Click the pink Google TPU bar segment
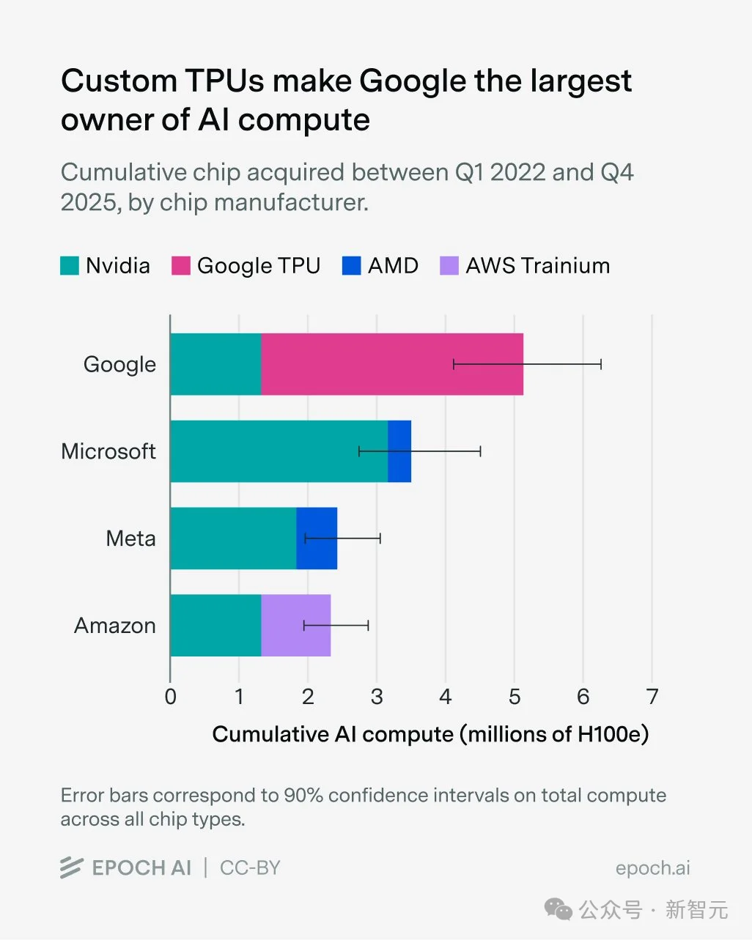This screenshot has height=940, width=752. [x=392, y=364]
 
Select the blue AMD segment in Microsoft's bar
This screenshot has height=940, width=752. [x=399, y=451]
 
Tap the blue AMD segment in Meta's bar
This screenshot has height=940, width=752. [x=317, y=539]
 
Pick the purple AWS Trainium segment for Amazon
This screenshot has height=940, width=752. [x=296, y=626]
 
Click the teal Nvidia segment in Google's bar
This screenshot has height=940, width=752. [x=215, y=364]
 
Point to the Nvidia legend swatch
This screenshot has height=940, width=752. [x=70, y=265]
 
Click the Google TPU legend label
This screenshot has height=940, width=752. [x=259, y=265]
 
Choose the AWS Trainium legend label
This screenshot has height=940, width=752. [x=538, y=265]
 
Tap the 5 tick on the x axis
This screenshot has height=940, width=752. [x=515, y=696]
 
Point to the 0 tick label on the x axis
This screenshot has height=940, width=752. [x=171, y=696]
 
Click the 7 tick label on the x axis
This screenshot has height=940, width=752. [x=652, y=696]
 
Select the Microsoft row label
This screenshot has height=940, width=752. [x=108, y=451]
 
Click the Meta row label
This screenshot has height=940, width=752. [x=131, y=539]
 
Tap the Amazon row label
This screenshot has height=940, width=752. [x=115, y=626]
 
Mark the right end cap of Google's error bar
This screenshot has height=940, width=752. [x=601, y=364]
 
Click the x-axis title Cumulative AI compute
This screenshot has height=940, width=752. [x=430, y=734]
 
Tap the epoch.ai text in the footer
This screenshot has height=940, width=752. [x=652, y=868]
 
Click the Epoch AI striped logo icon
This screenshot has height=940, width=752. [x=71, y=867]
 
